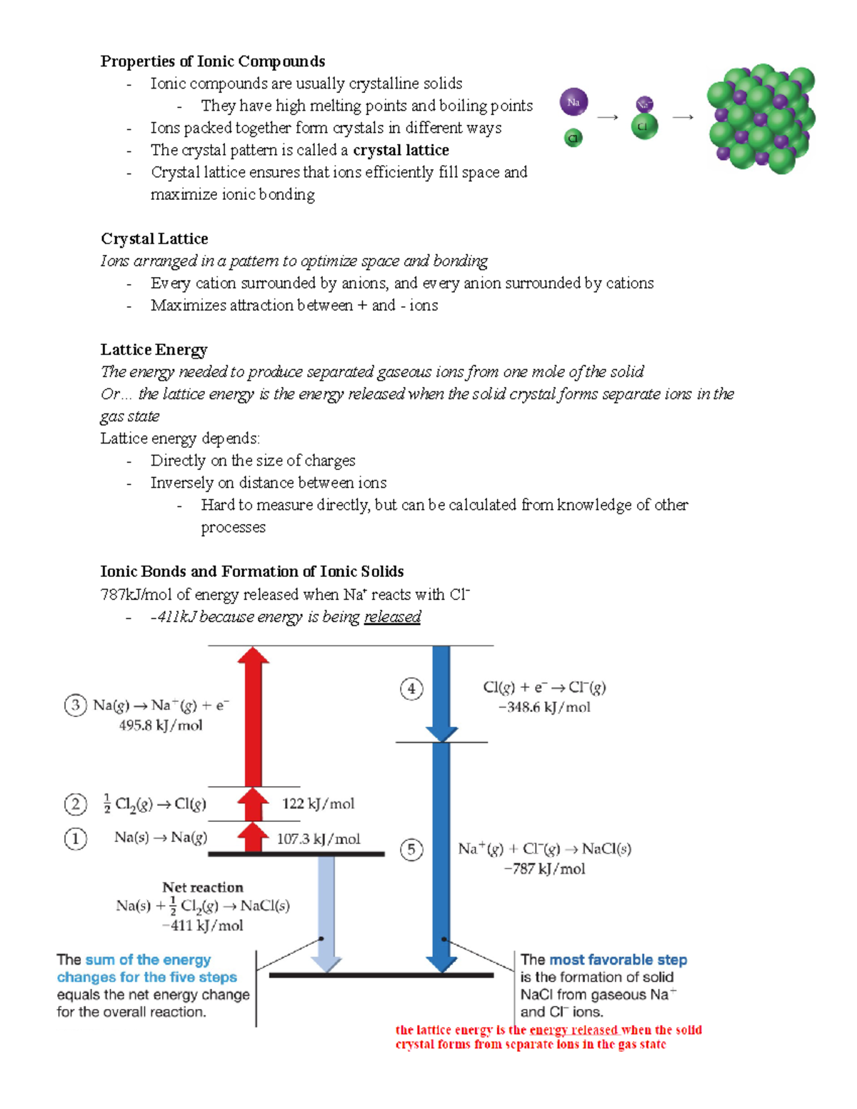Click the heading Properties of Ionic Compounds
point(212,61)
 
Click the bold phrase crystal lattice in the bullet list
point(401,150)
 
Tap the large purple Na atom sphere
point(573,102)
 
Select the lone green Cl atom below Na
point(573,138)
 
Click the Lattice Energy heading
point(154,349)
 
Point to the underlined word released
point(392,616)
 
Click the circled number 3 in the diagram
point(76,706)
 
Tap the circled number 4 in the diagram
point(411,689)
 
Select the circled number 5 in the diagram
point(411,849)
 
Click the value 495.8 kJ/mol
point(161,726)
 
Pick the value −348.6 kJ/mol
point(544,707)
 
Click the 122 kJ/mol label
point(318,803)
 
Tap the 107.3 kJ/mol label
point(318,839)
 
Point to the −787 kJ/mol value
point(544,869)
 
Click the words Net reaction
point(203,887)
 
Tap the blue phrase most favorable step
point(618,960)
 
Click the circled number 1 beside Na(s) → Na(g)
point(76,838)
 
